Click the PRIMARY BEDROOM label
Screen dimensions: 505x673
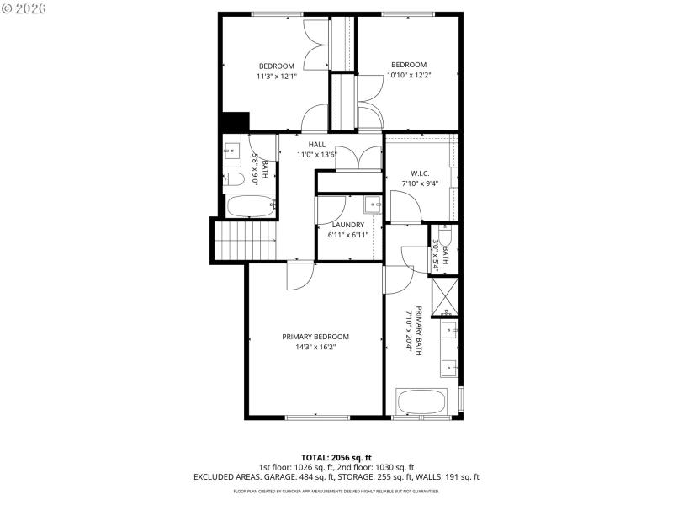click(x=315, y=337)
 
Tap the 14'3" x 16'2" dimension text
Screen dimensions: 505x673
click(x=315, y=347)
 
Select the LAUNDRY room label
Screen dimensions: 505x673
click(x=347, y=225)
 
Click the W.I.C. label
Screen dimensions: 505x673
click(x=421, y=173)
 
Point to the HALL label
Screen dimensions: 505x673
click(x=316, y=145)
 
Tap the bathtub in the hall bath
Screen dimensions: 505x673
click(x=252, y=205)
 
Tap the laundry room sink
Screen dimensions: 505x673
click(x=373, y=205)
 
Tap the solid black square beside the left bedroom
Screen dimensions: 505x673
click(x=235, y=122)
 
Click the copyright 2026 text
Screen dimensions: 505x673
click(x=24, y=8)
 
